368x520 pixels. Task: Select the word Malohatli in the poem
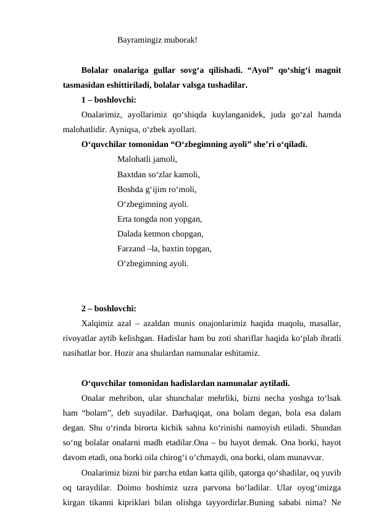point(133,159)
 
